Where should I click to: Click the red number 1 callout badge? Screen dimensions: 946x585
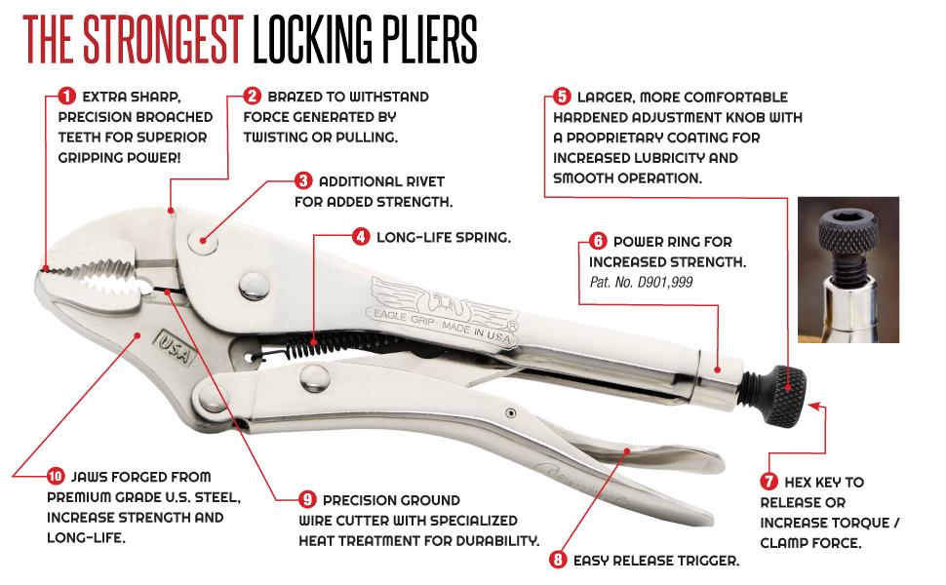[x=66, y=97]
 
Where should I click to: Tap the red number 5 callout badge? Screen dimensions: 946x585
[x=562, y=97]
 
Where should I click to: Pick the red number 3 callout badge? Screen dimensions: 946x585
[x=302, y=181]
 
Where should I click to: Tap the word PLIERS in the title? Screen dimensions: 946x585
[x=417, y=38]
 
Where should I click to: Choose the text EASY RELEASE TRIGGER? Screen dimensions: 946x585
[x=656, y=561]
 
